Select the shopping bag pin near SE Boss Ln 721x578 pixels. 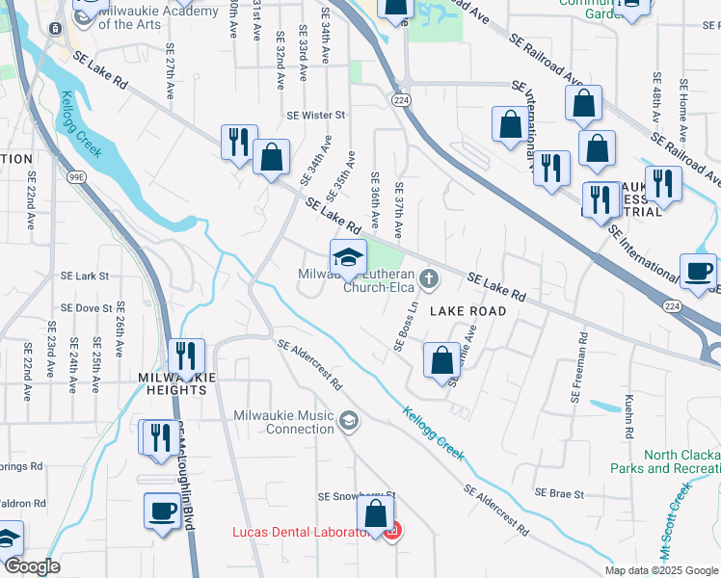(441, 361)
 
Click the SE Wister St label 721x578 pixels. (315, 115)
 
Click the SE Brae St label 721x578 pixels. (559, 494)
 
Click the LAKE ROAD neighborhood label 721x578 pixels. (467, 311)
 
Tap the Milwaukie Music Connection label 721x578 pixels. (284, 422)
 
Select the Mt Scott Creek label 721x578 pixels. (676, 521)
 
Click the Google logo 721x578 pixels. (32, 566)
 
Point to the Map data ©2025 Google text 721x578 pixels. (660, 570)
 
